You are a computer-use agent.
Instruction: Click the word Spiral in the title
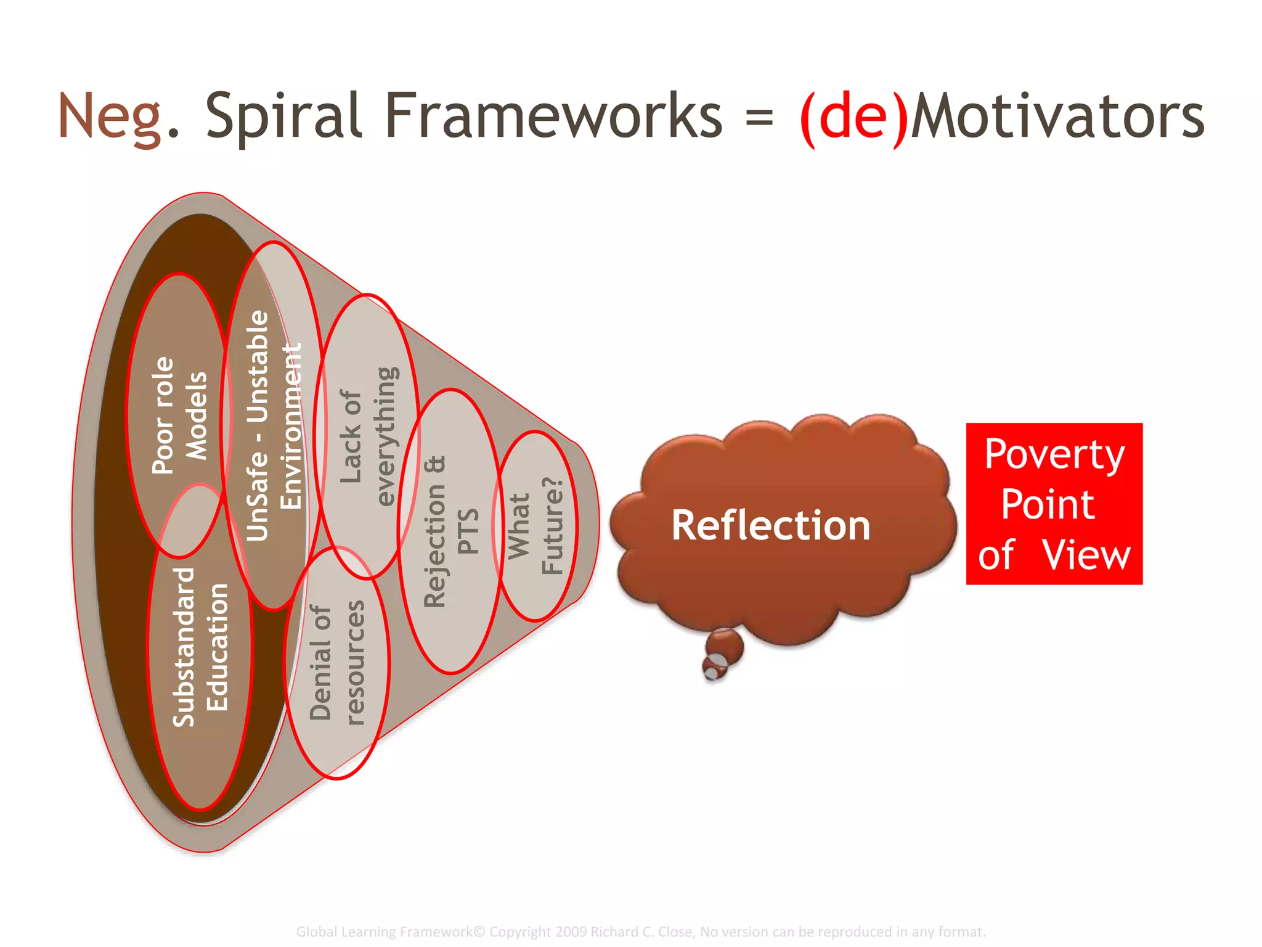point(283,117)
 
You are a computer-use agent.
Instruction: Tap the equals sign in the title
point(759,117)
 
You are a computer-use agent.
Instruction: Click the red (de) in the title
point(853,117)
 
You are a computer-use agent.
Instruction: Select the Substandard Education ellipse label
point(200,647)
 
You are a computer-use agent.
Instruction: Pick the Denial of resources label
point(337,663)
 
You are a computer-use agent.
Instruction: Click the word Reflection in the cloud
point(770,525)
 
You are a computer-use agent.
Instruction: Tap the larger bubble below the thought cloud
point(725,646)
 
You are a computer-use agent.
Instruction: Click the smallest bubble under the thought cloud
point(713,669)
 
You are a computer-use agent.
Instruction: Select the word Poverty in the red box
point(1054,455)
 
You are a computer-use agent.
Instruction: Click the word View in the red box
point(1086,555)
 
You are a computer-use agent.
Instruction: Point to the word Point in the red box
point(1048,504)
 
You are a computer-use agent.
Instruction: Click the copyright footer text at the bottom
point(641,932)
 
